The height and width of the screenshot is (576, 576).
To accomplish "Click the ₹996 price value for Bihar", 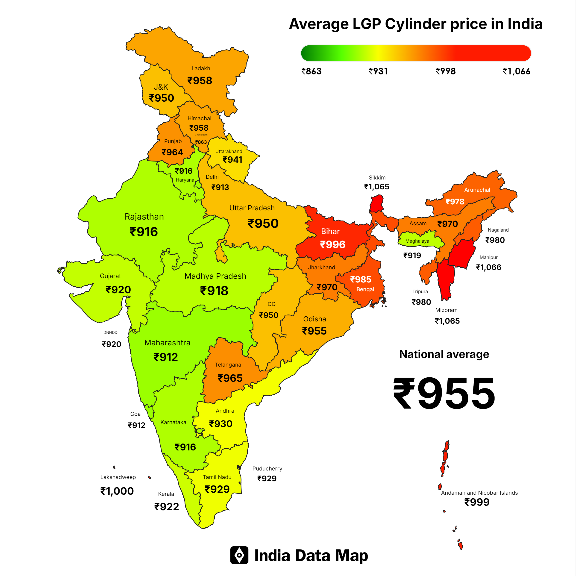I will pyautogui.click(x=332, y=244).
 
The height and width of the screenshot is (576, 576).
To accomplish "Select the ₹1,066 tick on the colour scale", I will pyautogui.click(x=516, y=71).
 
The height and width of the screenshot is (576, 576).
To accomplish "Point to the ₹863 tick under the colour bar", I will pyautogui.click(x=311, y=71).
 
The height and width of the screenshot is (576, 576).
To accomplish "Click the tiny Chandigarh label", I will pyautogui.click(x=201, y=135).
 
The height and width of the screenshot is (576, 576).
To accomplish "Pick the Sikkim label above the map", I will pyautogui.click(x=377, y=177).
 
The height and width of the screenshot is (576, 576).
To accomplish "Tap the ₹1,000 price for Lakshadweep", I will pyautogui.click(x=117, y=491).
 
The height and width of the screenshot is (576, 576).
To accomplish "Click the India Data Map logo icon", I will pyautogui.click(x=239, y=555).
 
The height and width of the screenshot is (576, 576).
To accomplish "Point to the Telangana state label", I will pyautogui.click(x=228, y=365).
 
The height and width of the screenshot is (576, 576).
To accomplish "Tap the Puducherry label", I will pyautogui.click(x=267, y=468).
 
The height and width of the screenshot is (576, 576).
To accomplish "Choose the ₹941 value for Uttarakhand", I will pyautogui.click(x=232, y=160).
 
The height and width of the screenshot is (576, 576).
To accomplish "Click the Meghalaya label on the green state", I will pyautogui.click(x=417, y=241).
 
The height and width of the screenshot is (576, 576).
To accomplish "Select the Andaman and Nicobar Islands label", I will pyautogui.click(x=479, y=493).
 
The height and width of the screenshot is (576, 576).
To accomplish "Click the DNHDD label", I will pyautogui.click(x=110, y=332).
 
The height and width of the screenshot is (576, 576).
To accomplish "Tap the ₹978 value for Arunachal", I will pyautogui.click(x=455, y=202).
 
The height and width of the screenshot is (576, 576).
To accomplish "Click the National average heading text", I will pyautogui.click(x=444, y=354).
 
